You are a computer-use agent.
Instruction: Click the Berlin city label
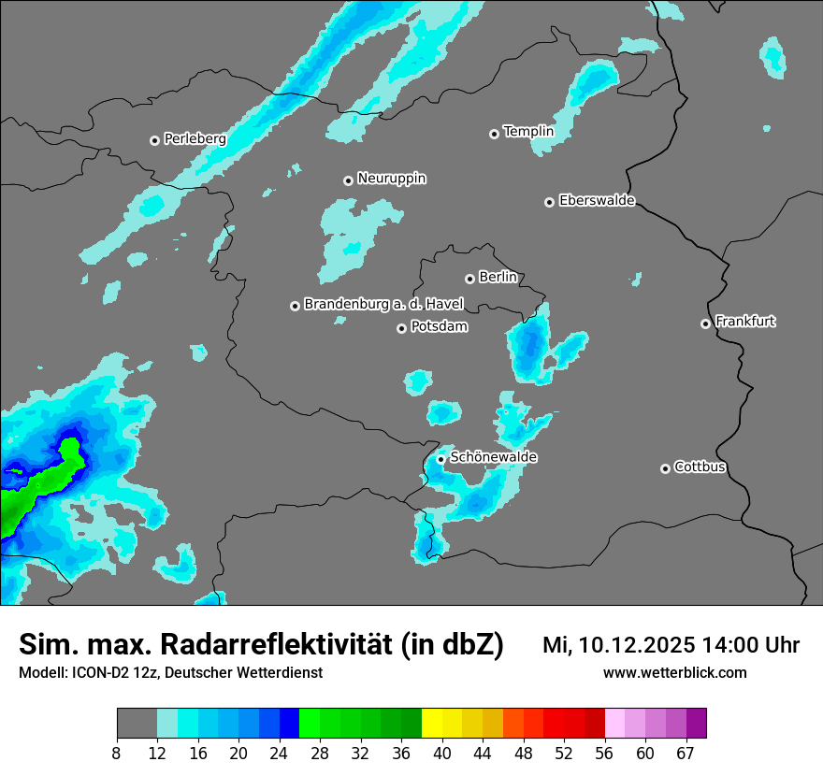(x=498, y=278)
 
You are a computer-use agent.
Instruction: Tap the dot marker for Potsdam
(x=401, y=328)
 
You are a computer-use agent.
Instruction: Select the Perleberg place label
(x=195, y=139)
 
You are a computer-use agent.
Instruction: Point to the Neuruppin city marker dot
(x=348, y=180)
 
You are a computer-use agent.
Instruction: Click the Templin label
(x=528, y=132)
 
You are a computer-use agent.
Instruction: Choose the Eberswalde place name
(x=597, y=201)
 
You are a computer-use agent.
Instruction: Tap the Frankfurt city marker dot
(x=705, y=324)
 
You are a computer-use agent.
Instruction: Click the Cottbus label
(x=700, y=467)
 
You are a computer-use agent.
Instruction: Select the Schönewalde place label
(x=494, y=457)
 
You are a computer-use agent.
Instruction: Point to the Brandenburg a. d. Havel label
(x=383, y=305)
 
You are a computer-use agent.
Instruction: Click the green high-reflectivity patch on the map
(x=37, y=491)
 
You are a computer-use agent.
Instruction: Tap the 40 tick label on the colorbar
(x=442, y=753)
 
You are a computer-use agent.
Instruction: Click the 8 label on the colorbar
(x=117, y=753)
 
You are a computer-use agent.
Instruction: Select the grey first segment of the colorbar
(x=137, y=724)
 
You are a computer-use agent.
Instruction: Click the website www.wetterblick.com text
(x=674, y=673)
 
